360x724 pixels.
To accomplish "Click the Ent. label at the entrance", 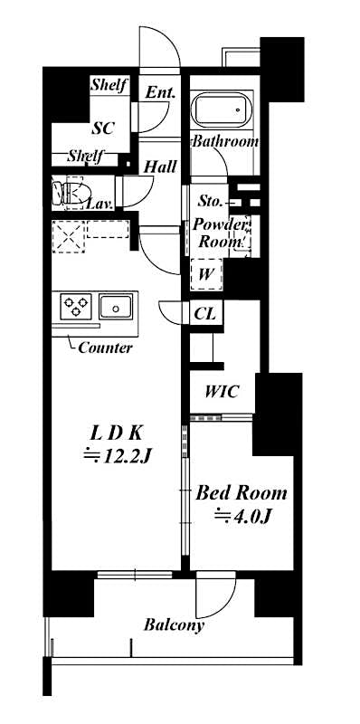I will click(160, 92).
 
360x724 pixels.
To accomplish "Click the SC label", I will click(101, 129).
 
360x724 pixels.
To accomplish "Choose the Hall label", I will click(160, 167).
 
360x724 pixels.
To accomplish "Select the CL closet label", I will click(204, 313).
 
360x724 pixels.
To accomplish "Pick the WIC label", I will click(222, 393).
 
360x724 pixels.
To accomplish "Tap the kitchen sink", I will click(117, 306).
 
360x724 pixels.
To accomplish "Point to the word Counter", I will click(105, 348).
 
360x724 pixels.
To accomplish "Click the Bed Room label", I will click(242, 493).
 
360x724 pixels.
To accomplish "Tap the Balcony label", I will click(174, 624).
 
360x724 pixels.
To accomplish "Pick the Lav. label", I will click(99, 204).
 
